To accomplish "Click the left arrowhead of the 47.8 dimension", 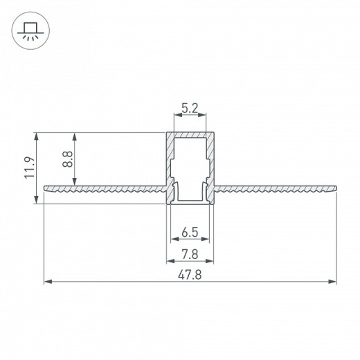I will pos(47,282).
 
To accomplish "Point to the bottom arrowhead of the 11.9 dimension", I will pos(36,201).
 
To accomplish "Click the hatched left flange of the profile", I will pos(104,188).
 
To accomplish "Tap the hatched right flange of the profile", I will pos(277,188).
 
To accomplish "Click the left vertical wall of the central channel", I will pos(168,166).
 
